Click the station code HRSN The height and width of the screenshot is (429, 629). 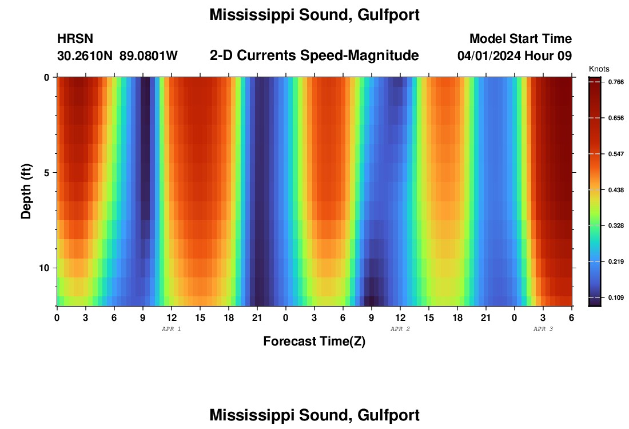[x=75, y=39]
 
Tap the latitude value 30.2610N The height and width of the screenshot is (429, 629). [x=85, y=56]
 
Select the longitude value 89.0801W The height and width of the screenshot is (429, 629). [x=149, y=56]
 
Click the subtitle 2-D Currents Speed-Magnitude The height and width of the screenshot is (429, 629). [x=314, y=55]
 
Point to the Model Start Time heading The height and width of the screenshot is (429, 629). [x=520, y=39]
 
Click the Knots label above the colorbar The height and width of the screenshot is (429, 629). [x=599, y=69]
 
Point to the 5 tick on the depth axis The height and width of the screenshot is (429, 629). [x=46, y=173]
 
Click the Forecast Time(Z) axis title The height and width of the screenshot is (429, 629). [x=314, y=341]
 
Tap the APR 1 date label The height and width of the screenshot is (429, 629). [x=172, y=329]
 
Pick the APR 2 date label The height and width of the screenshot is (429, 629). [x=400, y=329]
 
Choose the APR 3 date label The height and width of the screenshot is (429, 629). [x=543, y=329]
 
